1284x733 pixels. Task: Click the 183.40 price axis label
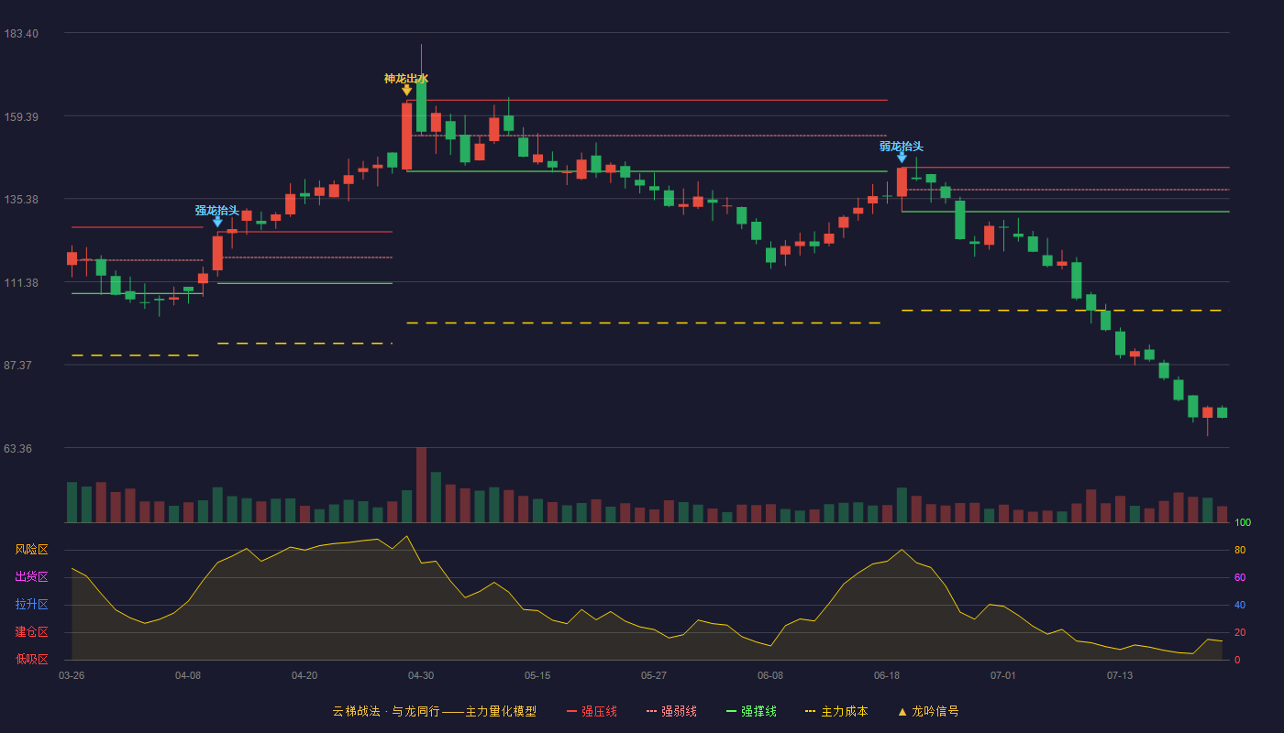[x=21, y=34]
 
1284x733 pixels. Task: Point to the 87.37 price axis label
[x=17, y=366]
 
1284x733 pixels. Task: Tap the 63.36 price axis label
[x=17, y=448]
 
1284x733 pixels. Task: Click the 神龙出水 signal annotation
[x=405, y=79]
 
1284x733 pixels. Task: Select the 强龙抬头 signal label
[x=216, y=210]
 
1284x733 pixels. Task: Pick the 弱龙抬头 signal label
[x=901, y=146]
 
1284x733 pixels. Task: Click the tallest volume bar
[x=421, y=485]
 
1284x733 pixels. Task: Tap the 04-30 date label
[x=421, y=676]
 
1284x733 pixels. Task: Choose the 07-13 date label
[x=1120, y=676]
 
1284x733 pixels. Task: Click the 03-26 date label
[x=72, y=676]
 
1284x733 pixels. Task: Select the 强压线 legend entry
[x=592, y=711]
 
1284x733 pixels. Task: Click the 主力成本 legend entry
[x=836, y=711]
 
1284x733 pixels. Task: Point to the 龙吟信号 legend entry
[x=928, y=711]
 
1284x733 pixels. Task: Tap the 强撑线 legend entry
[x=751, y=711]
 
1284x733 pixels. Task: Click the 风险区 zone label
[x=31, y=550]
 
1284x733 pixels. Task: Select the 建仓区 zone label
[x=31, y=632]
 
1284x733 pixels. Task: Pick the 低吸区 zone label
[x=31, y=660]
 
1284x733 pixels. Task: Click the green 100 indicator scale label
[x=1243, y=522]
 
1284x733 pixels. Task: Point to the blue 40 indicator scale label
[x=1240, y=605]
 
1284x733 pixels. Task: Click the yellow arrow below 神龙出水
[x=406, y=91]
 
